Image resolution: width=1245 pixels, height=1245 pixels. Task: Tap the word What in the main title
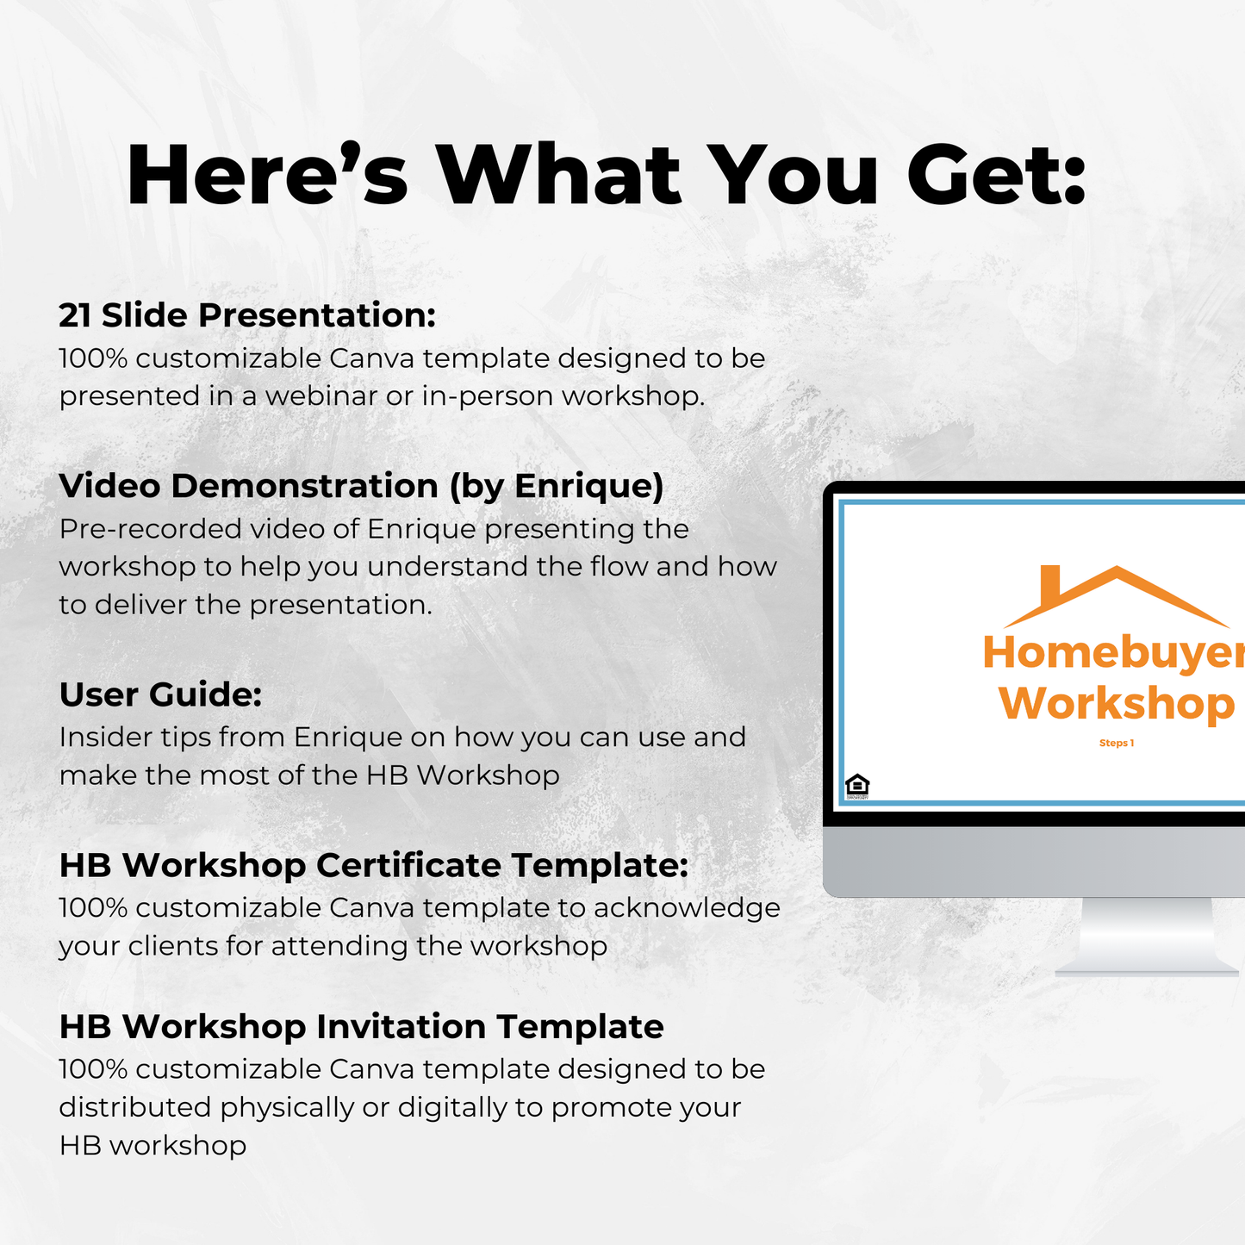pyautogui.click(x=560, y=176)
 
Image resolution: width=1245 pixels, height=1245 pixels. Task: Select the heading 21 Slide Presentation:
pyautogui.click(x=247, y=315)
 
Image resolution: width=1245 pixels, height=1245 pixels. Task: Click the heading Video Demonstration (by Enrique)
pyautogui.click(x=361, y=486)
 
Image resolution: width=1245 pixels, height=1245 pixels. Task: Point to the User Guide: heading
pyautogui.click(x=160, y=694)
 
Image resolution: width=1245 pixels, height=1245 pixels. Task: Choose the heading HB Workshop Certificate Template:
pyautogui.click(x=373, y=865)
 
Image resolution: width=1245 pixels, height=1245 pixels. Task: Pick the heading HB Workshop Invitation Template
pyautogui.click(x=361, y=1027)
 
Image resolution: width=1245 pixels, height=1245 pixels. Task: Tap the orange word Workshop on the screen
pyautogui.click(x=1117, y=703)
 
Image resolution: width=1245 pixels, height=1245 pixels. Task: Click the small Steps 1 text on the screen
pyautogui.click(x=1116, y=743)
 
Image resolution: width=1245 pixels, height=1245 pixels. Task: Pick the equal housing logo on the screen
pyautogui.click(x=857, y=785)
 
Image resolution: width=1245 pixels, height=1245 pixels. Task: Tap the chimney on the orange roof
pyautogui.click(x=1050, y=586)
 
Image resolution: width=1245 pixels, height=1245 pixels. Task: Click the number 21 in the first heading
pyautogui.click(x=75, y=315)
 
